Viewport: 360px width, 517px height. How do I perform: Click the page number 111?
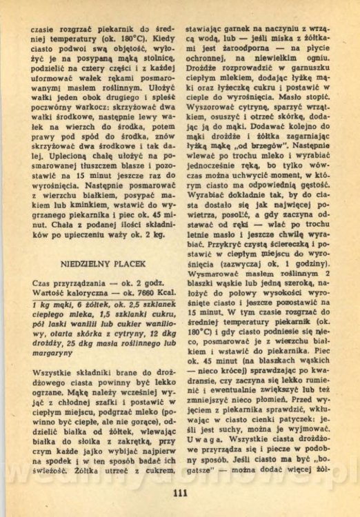coord(181,492)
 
